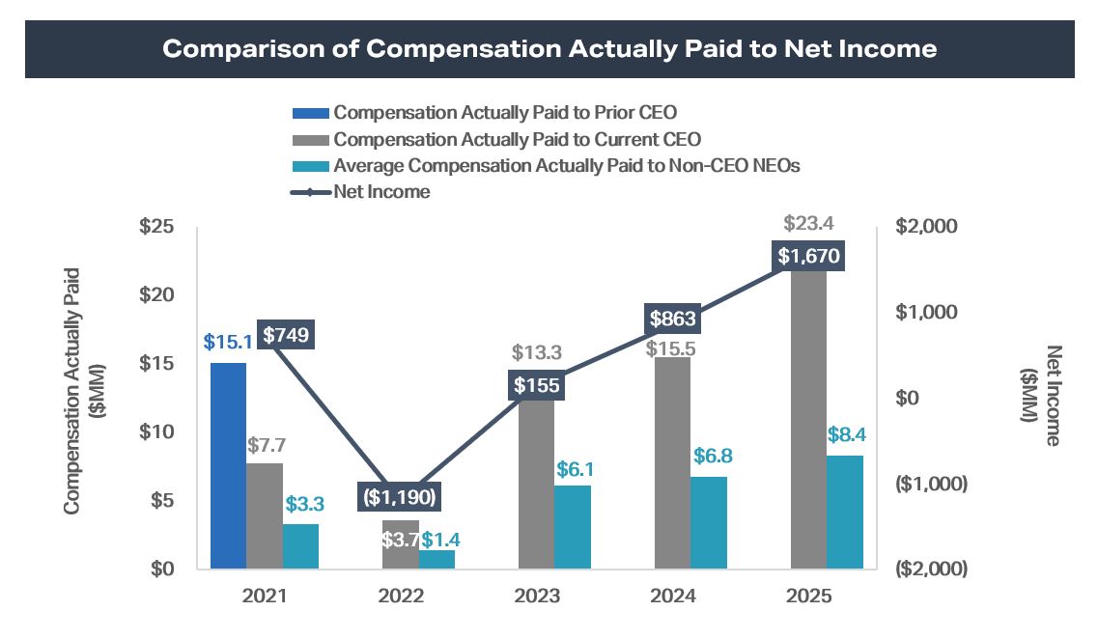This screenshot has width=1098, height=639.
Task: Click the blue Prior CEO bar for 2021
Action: click(228, 465)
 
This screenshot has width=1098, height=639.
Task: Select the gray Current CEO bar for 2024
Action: click(673, 463)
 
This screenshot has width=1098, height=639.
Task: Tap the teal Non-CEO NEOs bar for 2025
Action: click(845, 512)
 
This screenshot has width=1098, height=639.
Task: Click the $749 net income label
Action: click(286, 335)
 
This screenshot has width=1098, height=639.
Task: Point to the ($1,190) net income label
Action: click(400, 498)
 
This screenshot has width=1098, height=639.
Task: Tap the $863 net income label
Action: click(672, 319)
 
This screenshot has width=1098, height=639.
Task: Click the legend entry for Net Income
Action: click(381, 192)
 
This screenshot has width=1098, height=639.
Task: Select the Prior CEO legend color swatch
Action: click(310, 113)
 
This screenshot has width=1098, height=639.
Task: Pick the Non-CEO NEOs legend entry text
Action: click(567, 166)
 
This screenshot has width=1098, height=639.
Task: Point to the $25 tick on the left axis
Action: click(155, 227)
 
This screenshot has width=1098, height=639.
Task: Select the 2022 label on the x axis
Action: click(401, 597)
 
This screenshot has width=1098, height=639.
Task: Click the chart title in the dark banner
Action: click(549, 48)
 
